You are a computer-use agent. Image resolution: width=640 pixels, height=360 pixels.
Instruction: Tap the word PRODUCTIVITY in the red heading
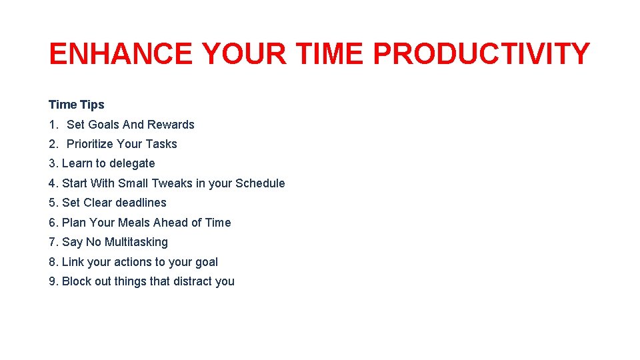pos(481,54)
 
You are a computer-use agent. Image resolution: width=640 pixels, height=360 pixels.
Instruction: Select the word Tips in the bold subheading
pos(92,105)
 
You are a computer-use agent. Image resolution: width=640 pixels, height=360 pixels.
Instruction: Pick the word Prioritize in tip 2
pos(90,144)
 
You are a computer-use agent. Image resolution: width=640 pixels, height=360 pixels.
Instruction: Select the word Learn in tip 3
pos(76,163)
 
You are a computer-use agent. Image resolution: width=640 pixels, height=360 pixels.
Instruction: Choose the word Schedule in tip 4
pos(260,183)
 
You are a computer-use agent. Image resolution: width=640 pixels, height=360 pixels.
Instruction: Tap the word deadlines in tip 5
pos(141,203)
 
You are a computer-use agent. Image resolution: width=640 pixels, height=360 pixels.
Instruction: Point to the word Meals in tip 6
pos(135,223)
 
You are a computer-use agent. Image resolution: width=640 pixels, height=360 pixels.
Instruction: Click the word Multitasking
pos(136,242)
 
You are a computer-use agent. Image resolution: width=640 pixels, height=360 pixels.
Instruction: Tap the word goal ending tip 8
pos(205,263)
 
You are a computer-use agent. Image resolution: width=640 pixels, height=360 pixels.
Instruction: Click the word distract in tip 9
pos(195,281)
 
